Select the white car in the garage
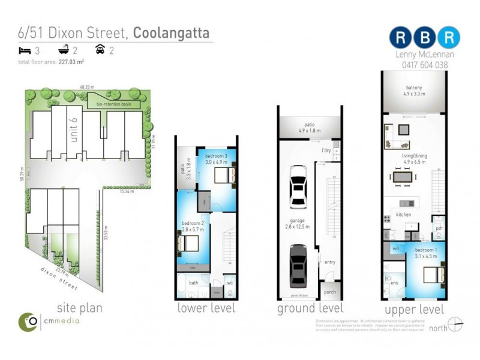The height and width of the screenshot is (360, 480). pos(299,186)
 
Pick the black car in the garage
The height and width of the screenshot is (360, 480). pos(299,265)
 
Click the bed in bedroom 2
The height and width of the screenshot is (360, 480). pos(188,244)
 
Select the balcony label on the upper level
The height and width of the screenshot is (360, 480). pos(413,90)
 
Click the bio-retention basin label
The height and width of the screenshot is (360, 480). pos(114,104)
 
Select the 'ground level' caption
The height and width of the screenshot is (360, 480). pos(310,308)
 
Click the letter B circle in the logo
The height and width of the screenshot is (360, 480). pos(424,37)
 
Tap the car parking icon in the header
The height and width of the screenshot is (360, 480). pos(100,50)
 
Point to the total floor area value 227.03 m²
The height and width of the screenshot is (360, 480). pos(71,61)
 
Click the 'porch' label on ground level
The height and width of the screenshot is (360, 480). pos(329,293)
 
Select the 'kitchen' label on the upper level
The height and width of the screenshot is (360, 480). pos(403,214)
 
